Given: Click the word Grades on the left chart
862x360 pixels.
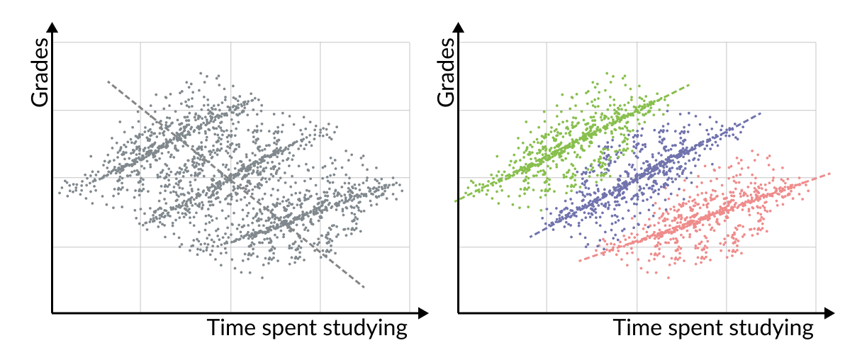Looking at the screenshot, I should pos(40,72).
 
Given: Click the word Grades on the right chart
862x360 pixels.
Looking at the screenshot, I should pos(447,72).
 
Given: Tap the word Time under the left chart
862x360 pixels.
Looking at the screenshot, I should pos(227,328).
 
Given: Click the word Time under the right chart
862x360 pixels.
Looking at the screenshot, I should pos(633,328).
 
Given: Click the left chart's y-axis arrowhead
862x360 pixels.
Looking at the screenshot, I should pos(52,28).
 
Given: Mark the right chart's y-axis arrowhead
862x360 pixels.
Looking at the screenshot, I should pos(458,28).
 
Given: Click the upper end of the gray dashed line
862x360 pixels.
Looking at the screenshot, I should pos(108,81).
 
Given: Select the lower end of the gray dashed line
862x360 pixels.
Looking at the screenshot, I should pos(364,287).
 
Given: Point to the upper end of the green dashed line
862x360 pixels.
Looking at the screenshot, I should pos(688,86).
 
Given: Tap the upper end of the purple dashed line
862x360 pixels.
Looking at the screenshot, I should pos(761,113).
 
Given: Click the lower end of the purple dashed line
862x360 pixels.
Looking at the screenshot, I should pos(530,236).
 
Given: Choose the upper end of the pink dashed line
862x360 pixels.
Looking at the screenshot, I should pos(829,173).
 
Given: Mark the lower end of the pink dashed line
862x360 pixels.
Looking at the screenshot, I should pos(579,261).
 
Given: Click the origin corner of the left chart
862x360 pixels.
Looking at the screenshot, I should pos(52,313).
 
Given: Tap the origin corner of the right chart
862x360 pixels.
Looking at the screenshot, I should pos(458,313).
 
